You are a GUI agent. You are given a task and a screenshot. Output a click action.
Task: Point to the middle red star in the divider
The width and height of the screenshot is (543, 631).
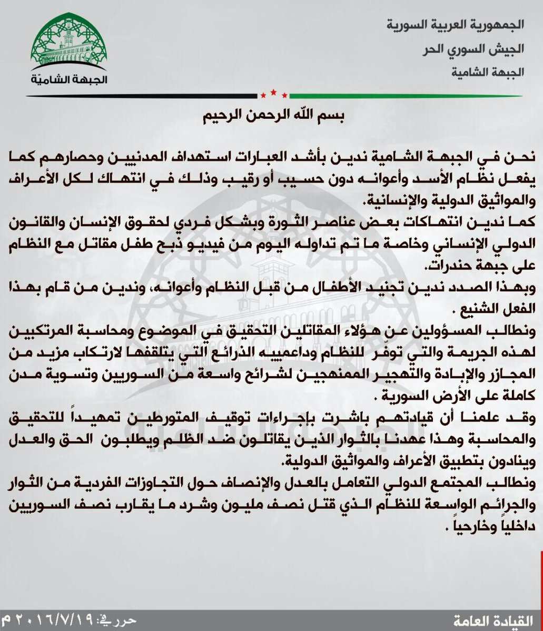pyautogui.click(x=273, y=93)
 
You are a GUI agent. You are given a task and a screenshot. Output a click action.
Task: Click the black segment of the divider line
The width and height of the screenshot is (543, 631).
pyautogui.click(x=132, y=96)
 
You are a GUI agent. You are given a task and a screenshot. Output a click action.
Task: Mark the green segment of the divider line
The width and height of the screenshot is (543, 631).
pyautogui.click(x=406, y=96)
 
